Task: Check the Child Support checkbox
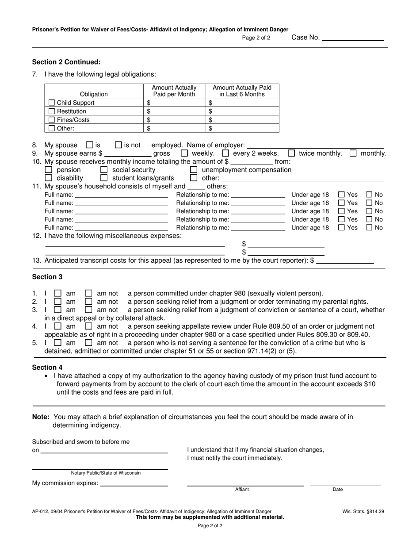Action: pos(52,103)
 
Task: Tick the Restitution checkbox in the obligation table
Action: pos(52,111)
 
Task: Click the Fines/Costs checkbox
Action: pos(52,120)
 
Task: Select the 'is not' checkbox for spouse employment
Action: pos(118,145)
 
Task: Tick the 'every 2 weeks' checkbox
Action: pos(225,153)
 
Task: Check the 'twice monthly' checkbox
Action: pos(291,153)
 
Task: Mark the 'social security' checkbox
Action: pos(104,170)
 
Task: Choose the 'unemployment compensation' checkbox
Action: pos(194,170)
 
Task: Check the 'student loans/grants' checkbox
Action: pos(104,178)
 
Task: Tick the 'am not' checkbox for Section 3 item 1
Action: pos(89,293)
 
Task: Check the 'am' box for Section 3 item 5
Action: pos(58,343)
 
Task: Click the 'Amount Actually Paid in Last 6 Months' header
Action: pos(242,91)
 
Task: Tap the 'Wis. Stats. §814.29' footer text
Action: pos(363,511)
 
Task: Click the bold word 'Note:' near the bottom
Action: pos(41,417)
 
